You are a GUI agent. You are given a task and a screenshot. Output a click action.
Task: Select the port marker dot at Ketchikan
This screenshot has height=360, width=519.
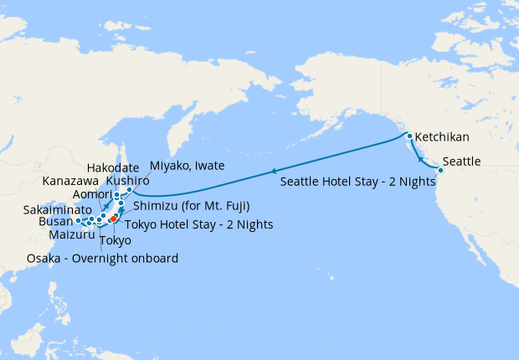coord(409,136)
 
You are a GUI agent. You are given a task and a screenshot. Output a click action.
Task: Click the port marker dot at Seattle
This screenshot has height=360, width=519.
coord(440,171)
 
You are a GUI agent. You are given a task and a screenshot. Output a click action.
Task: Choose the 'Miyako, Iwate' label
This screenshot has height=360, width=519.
coord(186,166)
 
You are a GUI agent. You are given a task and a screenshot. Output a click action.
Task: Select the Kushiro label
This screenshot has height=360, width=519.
coord(127,180)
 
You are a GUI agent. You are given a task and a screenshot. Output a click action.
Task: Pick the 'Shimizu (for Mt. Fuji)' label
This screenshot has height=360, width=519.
coord(192,205)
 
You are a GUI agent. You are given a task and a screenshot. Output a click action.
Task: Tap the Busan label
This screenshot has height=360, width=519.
coord(56,223)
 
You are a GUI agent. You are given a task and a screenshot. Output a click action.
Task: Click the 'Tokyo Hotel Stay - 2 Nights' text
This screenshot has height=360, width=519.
coord(198,224)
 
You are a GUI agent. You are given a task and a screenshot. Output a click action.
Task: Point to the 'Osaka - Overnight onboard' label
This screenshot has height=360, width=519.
coord(102,259)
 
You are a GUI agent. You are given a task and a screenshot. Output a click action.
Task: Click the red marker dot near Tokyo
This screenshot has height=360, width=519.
coord(113,219)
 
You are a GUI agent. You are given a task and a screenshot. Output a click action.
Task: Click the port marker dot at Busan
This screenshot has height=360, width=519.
coord(78,221)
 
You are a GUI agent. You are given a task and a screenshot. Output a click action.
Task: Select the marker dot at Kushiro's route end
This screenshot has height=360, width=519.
coord(130,190)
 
